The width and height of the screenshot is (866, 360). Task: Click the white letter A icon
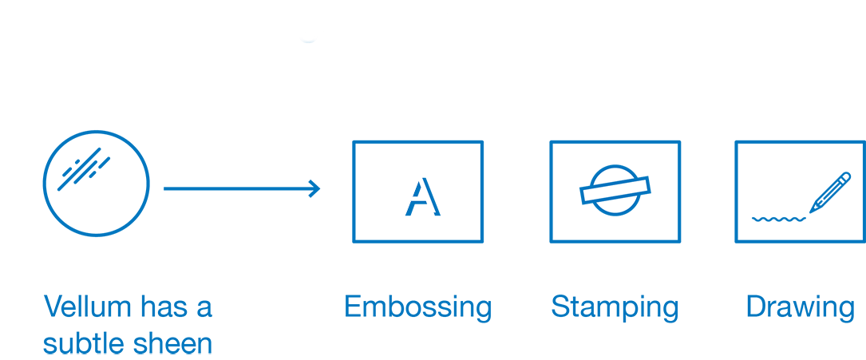click(408, 192)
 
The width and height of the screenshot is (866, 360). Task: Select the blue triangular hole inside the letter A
click(417, 188)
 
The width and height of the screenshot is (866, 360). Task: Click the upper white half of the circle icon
click(615, 177)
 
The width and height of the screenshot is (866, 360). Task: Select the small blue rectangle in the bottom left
click(128, 324)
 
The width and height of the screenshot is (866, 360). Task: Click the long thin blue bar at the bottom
click(599, 309)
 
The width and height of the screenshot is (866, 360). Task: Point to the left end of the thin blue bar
click(349, 309)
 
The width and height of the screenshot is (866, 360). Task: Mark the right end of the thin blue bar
click(851, 309)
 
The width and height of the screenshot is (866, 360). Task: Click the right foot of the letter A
click(429, 217)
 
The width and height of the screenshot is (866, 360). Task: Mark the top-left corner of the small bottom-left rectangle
click(44, 295)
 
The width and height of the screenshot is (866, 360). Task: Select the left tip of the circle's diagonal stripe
click(587, 195)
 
